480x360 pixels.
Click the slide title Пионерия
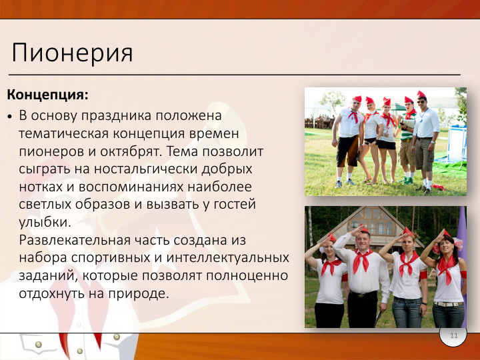pyautogui.click(x=72, y=53)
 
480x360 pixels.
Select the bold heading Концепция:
pyautogui.click(x=48, y=95)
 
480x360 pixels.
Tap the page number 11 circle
pyautogui.click(x=453, y=335)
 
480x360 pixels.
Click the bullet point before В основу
pyautogui.click(x=10, y=117)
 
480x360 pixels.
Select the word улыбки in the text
pyautogui.click(x=45, y=222)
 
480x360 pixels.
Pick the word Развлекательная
pyautogui.click(x=75, y=240)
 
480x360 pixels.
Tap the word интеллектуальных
pyautogui.click(x=228, y=258)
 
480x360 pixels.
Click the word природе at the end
pyautogui.click(x=138, y=293)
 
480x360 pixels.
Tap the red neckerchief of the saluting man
pyautogui.click(x=362, y=260)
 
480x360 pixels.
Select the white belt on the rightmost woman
pyautogui.click(x=449, y=304)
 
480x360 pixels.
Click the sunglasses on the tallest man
pyautogui.click(x=421, y=101)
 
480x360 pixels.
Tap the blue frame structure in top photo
pyautogui.click(x=457, y=144)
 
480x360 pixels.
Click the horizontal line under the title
pyautogui.click(x=235, y=75)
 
